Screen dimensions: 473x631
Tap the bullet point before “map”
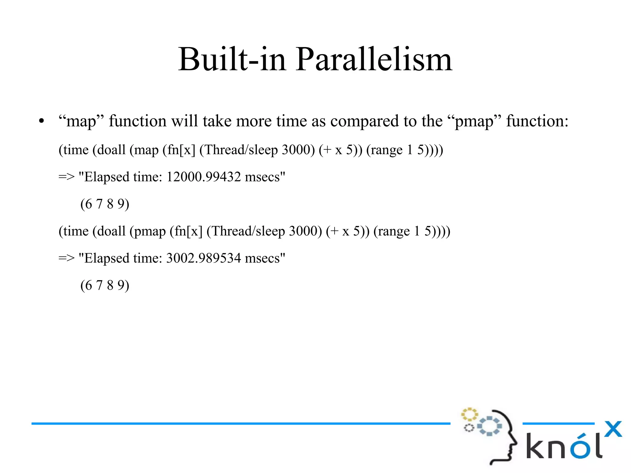point(42,121)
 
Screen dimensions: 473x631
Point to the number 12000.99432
point(203,177)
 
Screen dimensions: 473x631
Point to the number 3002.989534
point(203,258)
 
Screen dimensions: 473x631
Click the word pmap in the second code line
point(148,231)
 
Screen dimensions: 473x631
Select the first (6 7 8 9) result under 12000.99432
point(105,204)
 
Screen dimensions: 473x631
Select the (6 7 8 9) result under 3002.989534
point(105,285)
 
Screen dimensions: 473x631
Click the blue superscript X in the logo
point(613,429)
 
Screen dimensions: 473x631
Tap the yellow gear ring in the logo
point(469,414)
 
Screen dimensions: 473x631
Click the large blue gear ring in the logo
point(490,426)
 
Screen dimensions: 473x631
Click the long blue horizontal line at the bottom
point(240,424)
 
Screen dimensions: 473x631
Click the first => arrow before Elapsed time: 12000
point(67,177)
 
